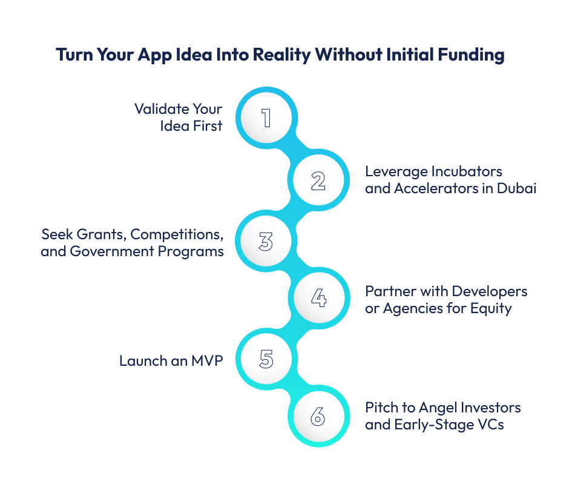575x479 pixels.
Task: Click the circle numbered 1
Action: [x=266, y=117]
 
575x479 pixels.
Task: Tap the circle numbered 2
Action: [x=318, y=180]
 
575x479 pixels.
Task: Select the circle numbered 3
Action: [x=266, y=241]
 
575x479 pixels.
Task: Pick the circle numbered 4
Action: [x=319, y=297]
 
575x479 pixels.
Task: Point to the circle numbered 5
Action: [x=266, y=358]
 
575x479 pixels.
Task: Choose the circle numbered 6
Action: [x=318, y=416]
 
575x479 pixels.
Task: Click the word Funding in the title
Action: [x=471, y=55]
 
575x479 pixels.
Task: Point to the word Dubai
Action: [x=516, y=188]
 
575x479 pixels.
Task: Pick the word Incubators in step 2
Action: [x=467, y=171]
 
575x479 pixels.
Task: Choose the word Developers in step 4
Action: [x=490, y=292]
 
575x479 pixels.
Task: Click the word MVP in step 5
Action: [x=207, y=361]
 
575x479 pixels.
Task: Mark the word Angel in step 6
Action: [x=438, y=408]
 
